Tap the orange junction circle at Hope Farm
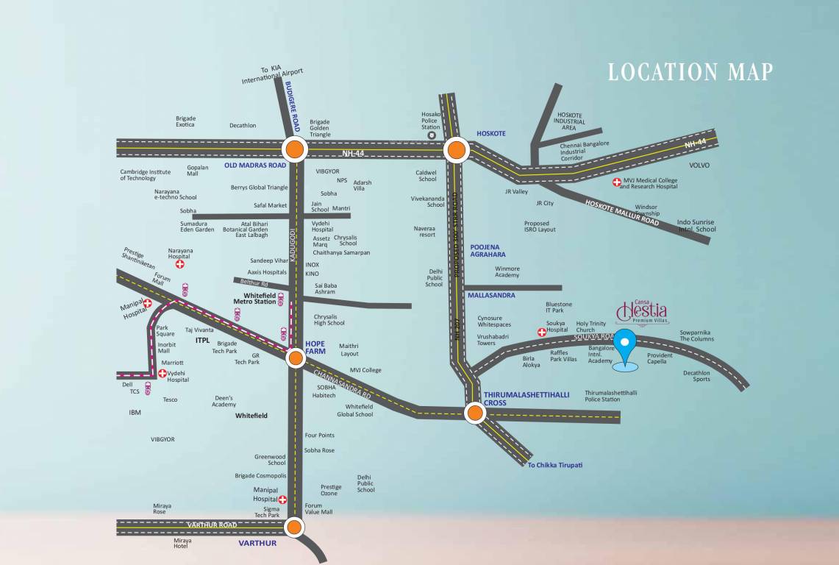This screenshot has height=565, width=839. pos(296,358)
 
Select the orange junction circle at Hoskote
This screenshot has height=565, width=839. pos(456,151)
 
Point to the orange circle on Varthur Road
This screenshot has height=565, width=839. pos(295,527)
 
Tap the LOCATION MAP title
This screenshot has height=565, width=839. pos(690,72)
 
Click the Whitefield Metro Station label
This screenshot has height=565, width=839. pos(254,298)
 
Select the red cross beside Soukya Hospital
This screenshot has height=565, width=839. pos(542,332)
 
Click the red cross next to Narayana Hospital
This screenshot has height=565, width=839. pos(179,263)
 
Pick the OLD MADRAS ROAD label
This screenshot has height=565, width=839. pos(255,166)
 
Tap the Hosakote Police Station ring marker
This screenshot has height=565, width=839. pos(432,135)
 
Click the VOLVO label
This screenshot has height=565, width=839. pos(699,166)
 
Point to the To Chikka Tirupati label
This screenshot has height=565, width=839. pos(555,465)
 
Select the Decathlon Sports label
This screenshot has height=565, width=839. pos(696,376)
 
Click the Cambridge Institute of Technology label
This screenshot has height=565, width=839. pos(146,175)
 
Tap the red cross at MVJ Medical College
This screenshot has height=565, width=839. pos(616,181)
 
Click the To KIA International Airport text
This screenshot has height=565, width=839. pos(272,74)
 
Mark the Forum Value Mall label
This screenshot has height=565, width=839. pos(318,508)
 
